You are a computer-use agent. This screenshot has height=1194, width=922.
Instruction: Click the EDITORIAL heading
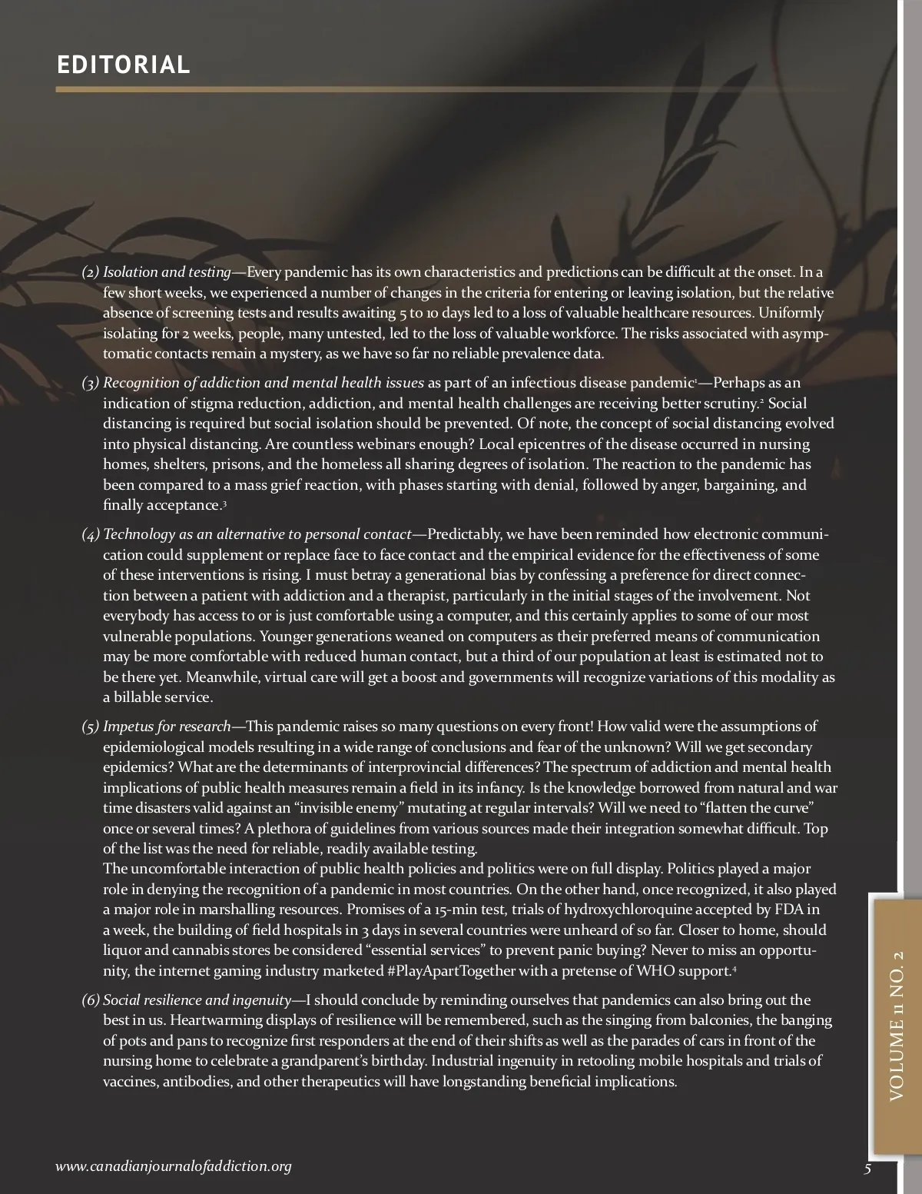point(123,65)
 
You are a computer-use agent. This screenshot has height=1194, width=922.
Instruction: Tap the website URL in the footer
point(174,1166)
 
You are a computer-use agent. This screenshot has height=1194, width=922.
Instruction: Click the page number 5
point(867,1169)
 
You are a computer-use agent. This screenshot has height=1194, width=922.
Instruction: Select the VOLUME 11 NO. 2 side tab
point(897,1026)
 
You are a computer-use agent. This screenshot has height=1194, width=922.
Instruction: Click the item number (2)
point(91,272)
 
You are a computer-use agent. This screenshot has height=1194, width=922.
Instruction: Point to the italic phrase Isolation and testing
point(167,272)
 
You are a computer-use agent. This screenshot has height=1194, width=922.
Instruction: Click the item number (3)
point(91,383)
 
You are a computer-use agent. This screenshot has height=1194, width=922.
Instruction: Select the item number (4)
point(91,534)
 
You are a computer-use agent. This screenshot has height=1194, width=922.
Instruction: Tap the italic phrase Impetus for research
point(167,727)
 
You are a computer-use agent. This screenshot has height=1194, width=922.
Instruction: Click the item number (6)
point(91,1000)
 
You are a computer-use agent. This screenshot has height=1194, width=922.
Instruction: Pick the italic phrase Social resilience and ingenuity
point(197,1000)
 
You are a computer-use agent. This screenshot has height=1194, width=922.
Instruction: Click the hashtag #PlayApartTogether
point(451,971)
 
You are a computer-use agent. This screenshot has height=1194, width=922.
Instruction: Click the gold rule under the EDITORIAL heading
point(446,89)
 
